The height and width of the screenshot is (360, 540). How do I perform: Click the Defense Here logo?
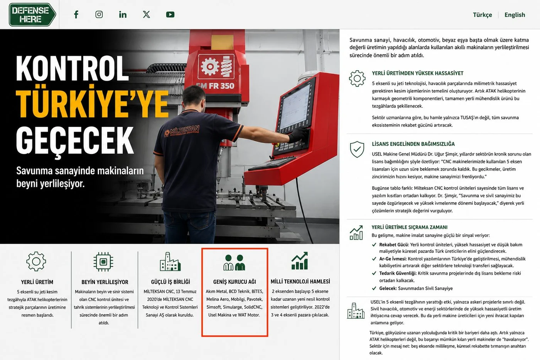(x=32, y=14)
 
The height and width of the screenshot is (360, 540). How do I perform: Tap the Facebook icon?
(x=76, y=14)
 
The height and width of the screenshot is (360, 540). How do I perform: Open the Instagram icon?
(x=99, y=14)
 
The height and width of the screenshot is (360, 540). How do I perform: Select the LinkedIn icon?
(x=123, y=15)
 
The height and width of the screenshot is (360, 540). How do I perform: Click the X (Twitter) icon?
(x=146, y=14)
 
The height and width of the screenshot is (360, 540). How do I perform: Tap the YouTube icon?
(x=170, y=15)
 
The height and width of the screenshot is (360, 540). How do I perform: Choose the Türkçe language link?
(x=482, y=15)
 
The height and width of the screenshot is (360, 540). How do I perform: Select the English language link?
(x=515, y=15)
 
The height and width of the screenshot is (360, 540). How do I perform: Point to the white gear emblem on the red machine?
(x=210, y=66)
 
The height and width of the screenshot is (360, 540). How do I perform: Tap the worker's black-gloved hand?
(x=299, y=135)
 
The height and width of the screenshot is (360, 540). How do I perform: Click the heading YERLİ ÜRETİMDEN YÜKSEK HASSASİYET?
(x=417, y=73)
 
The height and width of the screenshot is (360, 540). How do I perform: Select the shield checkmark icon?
(x=357, y=149)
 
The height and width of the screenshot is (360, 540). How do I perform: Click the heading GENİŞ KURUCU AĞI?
(x=235, y=282)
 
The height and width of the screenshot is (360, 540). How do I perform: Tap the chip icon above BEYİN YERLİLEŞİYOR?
(x=103, y=262)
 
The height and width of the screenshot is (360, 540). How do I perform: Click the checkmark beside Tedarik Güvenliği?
(x=374, y=273)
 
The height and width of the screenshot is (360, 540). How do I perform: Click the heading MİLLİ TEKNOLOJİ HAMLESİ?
(x=300, y=281)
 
